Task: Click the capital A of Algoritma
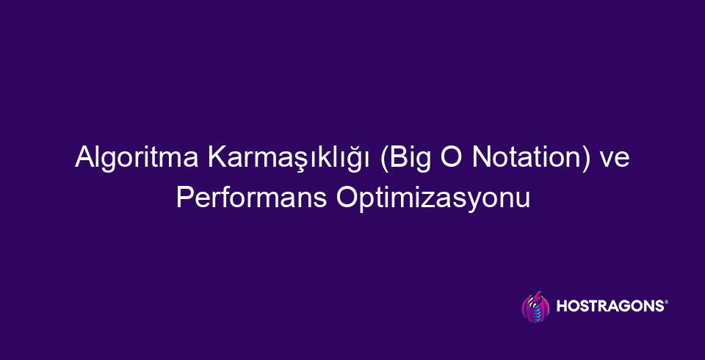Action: pos(83,157)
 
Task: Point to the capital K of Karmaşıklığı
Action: pos(216,157)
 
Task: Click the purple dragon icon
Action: pos(535,307)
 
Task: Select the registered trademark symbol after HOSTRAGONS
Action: pos(666,303)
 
